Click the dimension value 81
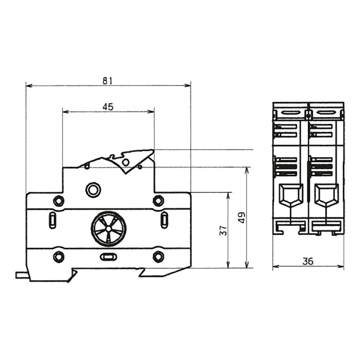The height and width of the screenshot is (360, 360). click(107, 81)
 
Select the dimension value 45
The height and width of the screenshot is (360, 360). click(108, 107)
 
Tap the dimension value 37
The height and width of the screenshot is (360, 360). click(223, 230)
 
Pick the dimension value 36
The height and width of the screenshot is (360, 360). click(308, 261)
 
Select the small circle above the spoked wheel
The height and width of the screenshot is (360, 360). click(93, 189)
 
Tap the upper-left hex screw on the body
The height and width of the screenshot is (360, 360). click(58, 201)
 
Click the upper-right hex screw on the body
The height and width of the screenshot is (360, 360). click(158, 201)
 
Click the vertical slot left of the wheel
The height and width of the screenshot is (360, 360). click(52, 220)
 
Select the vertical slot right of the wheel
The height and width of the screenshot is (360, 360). click(164, 220)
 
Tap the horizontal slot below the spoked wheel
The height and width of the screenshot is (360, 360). click(108, 257)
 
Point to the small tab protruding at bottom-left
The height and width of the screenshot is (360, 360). click(21, 275)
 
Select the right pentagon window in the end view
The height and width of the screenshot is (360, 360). click(325, 195)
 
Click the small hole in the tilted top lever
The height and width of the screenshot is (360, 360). click(126, 162)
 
